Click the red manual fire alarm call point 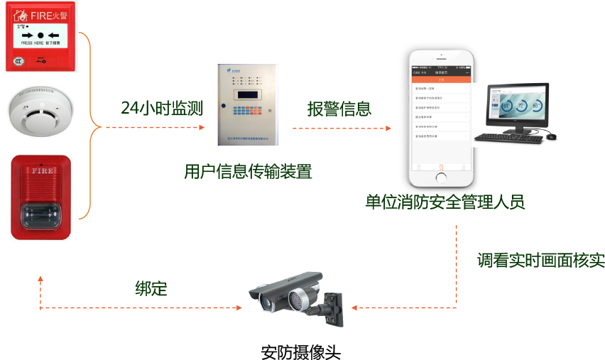(40, 37)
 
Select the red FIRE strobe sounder (40, 197)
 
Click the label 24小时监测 (162, 109)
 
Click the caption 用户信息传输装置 (248, 172)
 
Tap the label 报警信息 (339, 109)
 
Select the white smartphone (440, 117)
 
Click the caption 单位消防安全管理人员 (445, 202)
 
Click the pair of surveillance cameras (297, 296)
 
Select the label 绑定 (151, 288)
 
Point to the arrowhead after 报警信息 (388, 129)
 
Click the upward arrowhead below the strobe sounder (40, 279)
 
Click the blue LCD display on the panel (248, 94)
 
